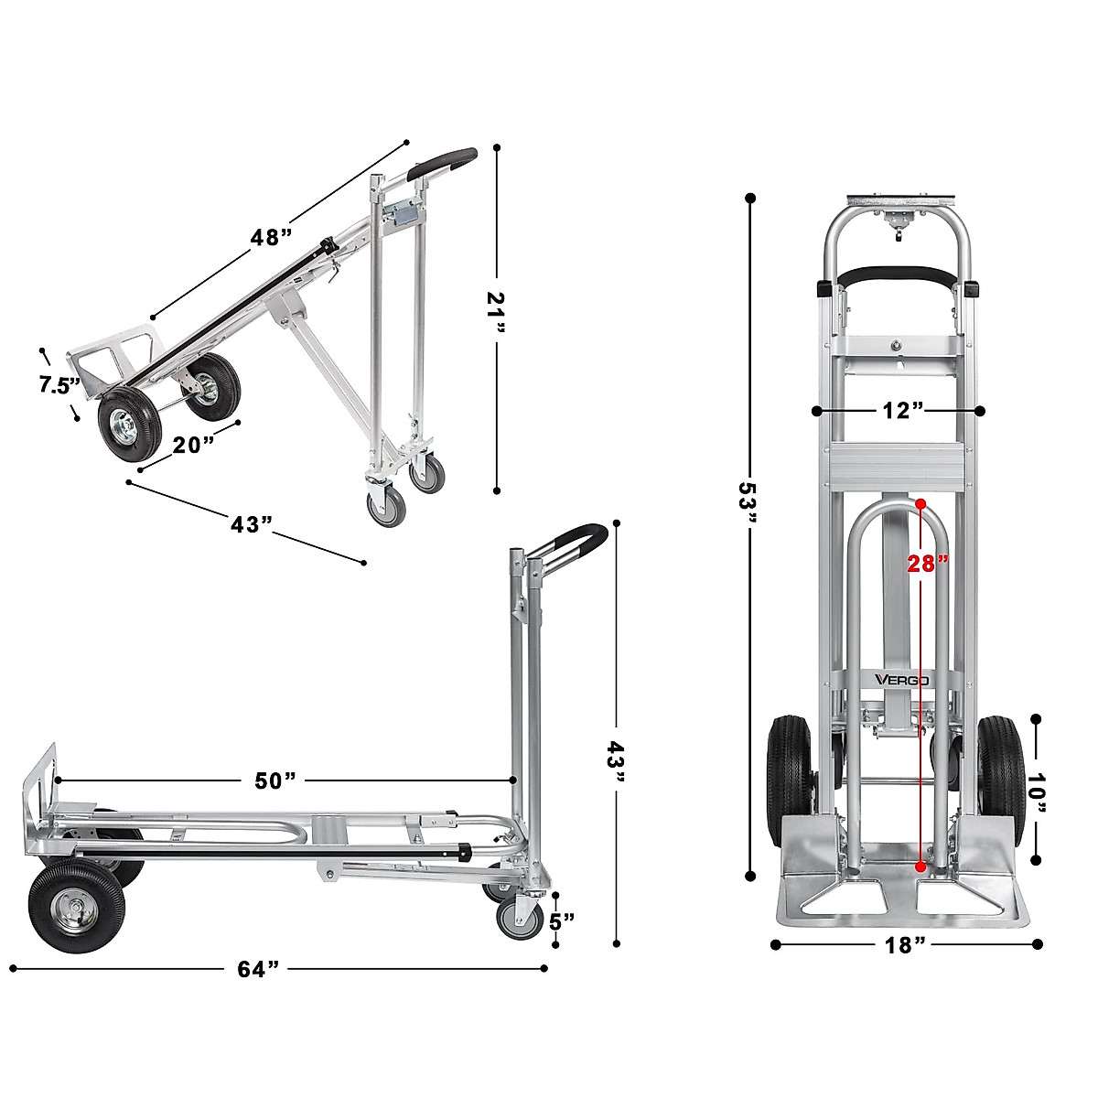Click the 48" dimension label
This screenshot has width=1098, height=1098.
(272, 237)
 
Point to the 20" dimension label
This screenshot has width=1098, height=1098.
(193, 445)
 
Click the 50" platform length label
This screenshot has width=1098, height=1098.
(275, 780)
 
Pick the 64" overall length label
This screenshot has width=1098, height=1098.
(258, 969)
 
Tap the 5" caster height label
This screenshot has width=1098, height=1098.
(561, 919)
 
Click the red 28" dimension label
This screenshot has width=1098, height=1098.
(927, 564)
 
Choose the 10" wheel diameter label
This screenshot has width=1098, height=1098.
(1036, 788)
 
